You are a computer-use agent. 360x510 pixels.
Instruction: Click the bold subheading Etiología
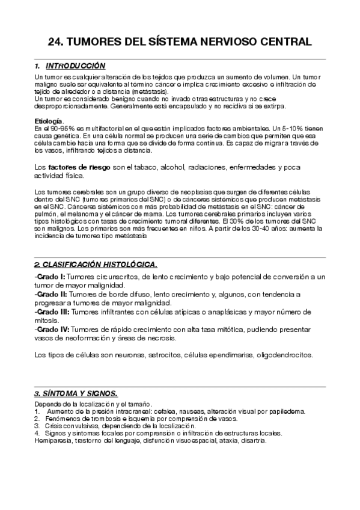click(x=49, y=121)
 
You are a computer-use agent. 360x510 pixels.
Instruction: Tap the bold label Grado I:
click(x=50, y=276)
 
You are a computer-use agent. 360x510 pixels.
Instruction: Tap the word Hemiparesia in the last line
click(x=53, y=440)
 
